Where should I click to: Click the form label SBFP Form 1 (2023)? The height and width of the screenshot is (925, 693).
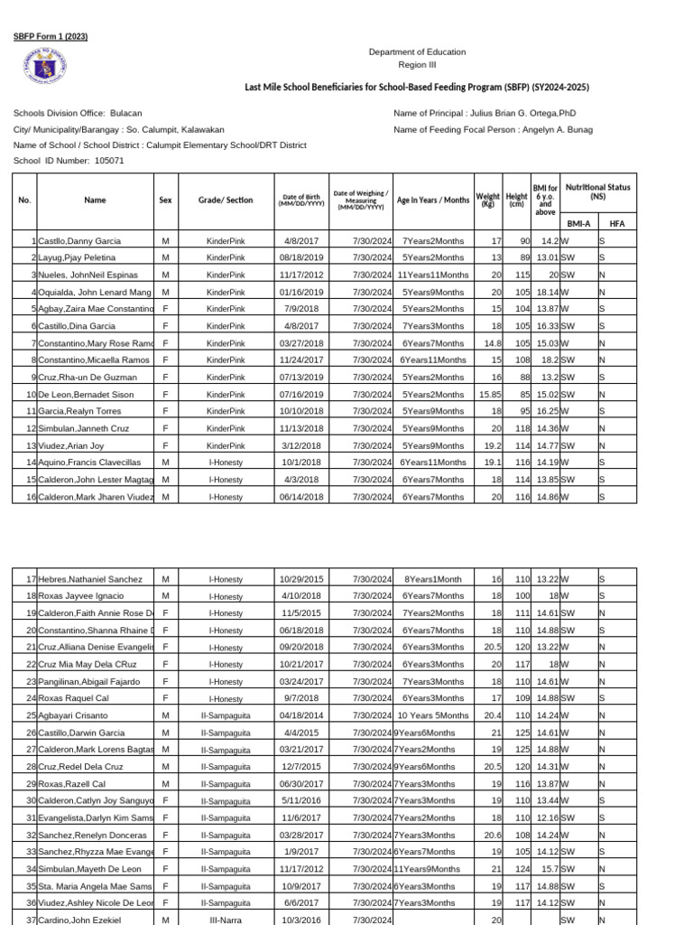click(51, 37)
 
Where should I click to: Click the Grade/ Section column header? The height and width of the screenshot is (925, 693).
click(226, 200)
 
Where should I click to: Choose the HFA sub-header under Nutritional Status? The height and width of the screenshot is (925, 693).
click(616, 222)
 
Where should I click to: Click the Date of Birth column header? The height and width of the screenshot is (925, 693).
click(300, 200)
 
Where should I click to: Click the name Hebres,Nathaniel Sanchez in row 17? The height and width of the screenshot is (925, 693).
click(90, 579)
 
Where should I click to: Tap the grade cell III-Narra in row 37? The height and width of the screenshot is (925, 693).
click(226, 920)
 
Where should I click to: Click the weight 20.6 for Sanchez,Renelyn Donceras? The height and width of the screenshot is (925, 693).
click(491, 835)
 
